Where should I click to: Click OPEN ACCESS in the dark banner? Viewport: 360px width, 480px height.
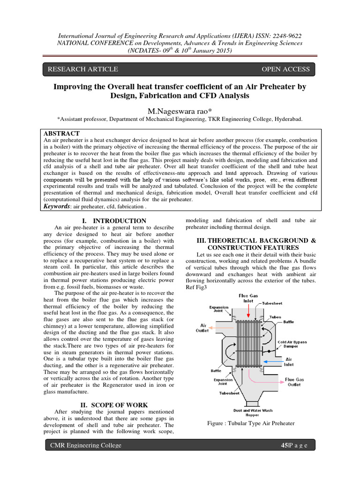[x=285, y=69]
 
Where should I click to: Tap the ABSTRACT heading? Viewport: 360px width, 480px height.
[x=61, y=134]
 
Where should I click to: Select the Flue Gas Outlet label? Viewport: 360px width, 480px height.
[x=294, y=382]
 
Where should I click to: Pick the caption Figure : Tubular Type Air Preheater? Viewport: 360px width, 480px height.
[x=251, y=423]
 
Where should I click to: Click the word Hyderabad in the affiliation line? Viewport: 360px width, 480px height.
[x=287, y=120]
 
